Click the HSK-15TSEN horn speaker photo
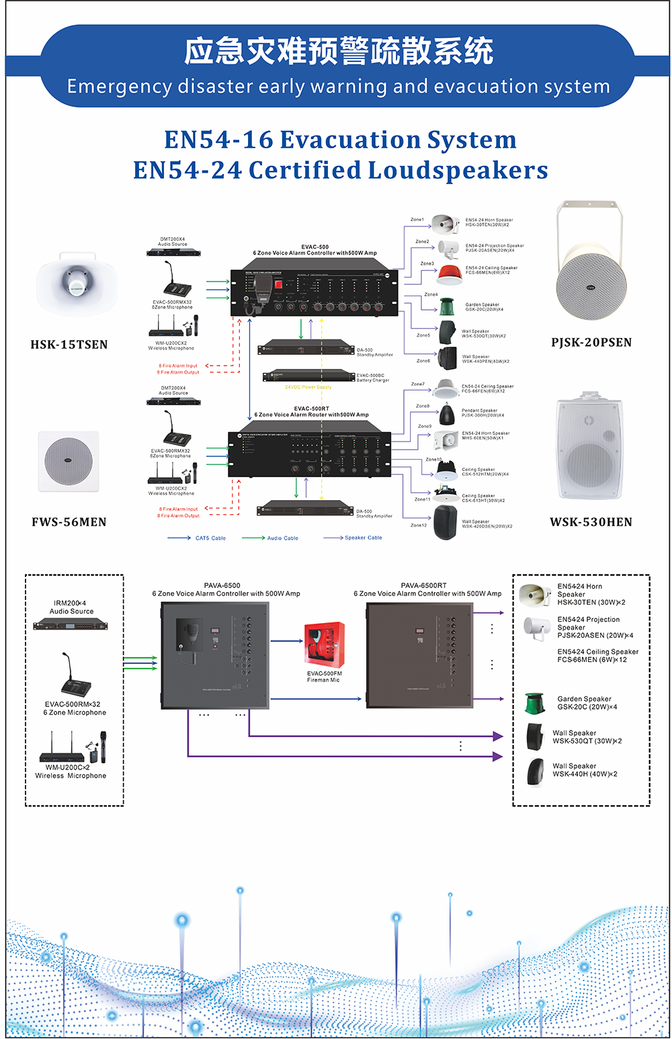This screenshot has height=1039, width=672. pos(76,284)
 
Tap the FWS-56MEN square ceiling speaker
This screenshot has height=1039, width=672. pos(69,462)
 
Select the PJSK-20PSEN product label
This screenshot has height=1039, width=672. pos(591,342)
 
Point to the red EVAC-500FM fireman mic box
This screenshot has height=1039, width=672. pos(325,645)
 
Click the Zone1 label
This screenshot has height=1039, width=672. pos(417,220)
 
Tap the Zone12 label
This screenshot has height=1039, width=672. pos(419,525)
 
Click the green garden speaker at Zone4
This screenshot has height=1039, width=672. pos(448,307)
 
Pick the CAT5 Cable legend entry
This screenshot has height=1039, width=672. pos(210,538)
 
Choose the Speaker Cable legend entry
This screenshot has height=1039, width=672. pos(363,538)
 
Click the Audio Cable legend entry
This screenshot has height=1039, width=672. pos(282,538)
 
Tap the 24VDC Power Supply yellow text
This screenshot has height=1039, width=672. pos(308,387)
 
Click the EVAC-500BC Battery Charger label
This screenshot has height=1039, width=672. pos(373,378)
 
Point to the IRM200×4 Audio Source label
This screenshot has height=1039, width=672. pos(72,607)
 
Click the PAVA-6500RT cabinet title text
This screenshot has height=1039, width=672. pos(423,585)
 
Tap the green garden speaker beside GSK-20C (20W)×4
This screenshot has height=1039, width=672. pos(535,703)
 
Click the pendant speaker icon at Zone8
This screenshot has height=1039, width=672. pos(446,414)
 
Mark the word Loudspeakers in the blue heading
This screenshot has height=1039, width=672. pos(458,170)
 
